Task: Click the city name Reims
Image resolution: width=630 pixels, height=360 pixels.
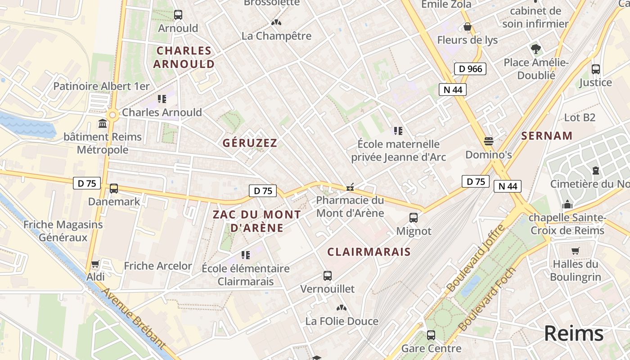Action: point(573,333)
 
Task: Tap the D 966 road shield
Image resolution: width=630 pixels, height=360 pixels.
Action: point(470,69)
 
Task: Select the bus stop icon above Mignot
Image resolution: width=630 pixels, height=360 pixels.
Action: point(414,218)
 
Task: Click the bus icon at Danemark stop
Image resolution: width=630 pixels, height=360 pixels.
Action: point(114,189)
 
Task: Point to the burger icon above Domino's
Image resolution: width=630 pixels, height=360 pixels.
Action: point(489,141)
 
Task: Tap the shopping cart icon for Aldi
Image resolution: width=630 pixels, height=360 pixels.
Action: point(95,264)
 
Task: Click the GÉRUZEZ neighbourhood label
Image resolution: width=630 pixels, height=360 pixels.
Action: point(250,143)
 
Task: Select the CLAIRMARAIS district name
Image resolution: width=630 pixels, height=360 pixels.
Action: point(369,252)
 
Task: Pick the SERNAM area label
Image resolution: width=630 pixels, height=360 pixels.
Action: point(547,136)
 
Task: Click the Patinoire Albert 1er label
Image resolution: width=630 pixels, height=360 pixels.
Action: point(101,86)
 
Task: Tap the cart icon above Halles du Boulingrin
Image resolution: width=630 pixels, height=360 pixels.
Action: point(575,251)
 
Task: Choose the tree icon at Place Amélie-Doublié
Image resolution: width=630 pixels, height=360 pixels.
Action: point(535,49)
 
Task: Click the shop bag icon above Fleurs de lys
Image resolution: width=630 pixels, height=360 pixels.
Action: point(468,27)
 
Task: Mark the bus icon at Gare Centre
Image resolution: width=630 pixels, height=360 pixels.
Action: point(431,335)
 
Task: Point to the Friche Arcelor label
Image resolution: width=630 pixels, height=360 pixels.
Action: point(158,266)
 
